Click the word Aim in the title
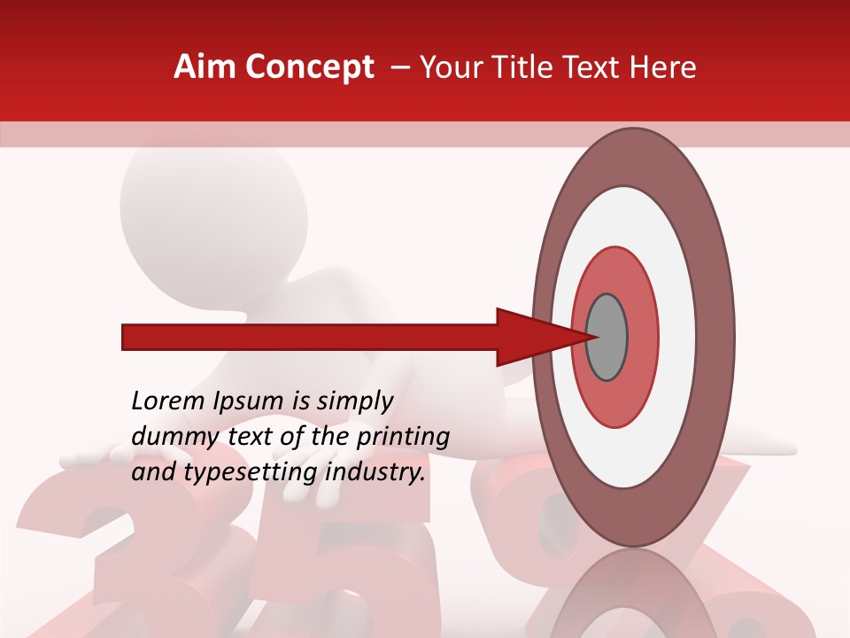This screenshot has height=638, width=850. tap(205, 67)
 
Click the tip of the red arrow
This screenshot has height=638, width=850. tap(591, 337)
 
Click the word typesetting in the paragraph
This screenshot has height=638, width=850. tap(249, 473)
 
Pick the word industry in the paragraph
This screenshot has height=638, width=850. tap(375, 473)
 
